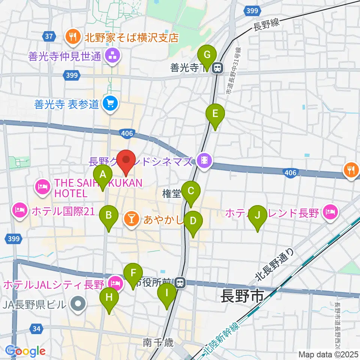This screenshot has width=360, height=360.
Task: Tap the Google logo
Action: (25, 351)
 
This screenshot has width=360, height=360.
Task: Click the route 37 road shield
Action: (48, 36)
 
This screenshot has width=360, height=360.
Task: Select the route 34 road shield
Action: (36, 329)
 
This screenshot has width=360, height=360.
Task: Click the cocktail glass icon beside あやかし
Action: (131, 217)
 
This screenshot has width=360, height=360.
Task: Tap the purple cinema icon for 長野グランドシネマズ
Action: (204, 162)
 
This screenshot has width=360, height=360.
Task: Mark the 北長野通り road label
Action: (274, 268)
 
